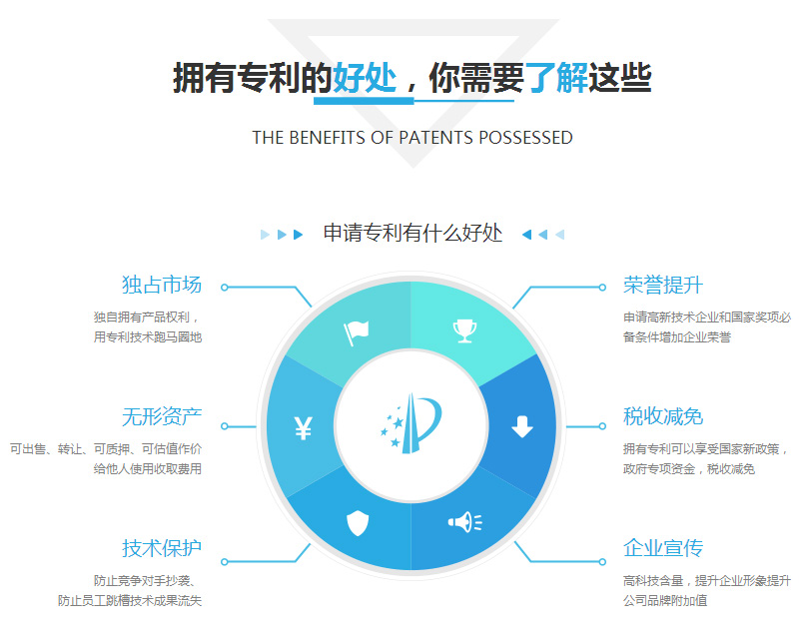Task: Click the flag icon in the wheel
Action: pos(356,332)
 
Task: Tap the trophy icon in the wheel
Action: pos(464,330)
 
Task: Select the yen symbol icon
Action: pos(304,427)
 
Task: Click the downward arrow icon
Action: pos(522,426)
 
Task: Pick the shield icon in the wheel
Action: pos(358,523)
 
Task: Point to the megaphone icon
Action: pos(464,522)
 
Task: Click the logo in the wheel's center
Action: pos(411,423)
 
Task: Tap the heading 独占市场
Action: pos(162,285)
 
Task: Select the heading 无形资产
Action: pos(162,416)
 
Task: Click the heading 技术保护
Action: pos(162,548)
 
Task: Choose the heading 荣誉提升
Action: pos(663,285)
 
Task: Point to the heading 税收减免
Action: pos(663,416)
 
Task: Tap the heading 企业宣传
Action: pos(663,548)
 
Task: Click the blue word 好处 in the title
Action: pos(365,78)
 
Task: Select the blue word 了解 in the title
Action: pos(556,78)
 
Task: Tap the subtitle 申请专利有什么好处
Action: pos(412,233)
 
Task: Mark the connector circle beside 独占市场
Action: pos(224,288)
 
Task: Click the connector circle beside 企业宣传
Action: pos(602,561)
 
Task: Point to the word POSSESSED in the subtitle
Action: pos(525,138)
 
